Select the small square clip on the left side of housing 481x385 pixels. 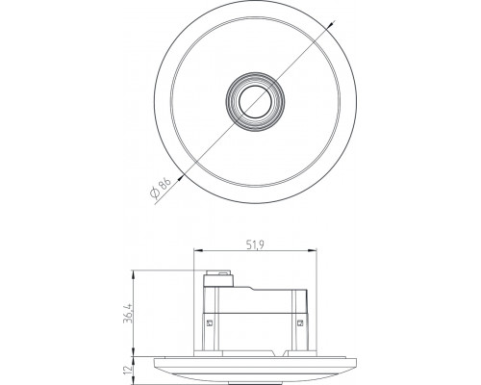210,321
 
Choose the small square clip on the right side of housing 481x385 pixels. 302,321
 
